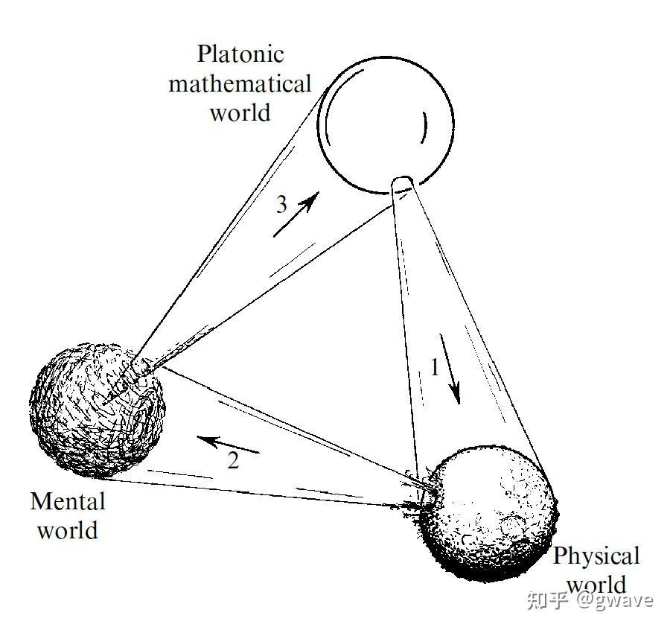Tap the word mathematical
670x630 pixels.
point(240,84)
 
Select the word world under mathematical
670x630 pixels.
point(240,112)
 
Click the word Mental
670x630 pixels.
point(68,501)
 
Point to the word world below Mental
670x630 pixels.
point(68,530)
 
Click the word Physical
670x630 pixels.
point(596,556)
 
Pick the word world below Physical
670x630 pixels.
point(596,582)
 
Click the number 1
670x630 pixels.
point(435,367)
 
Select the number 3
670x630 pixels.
point(281,205)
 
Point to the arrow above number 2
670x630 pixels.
point(232,445)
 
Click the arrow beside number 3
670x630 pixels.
point(296,214)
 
